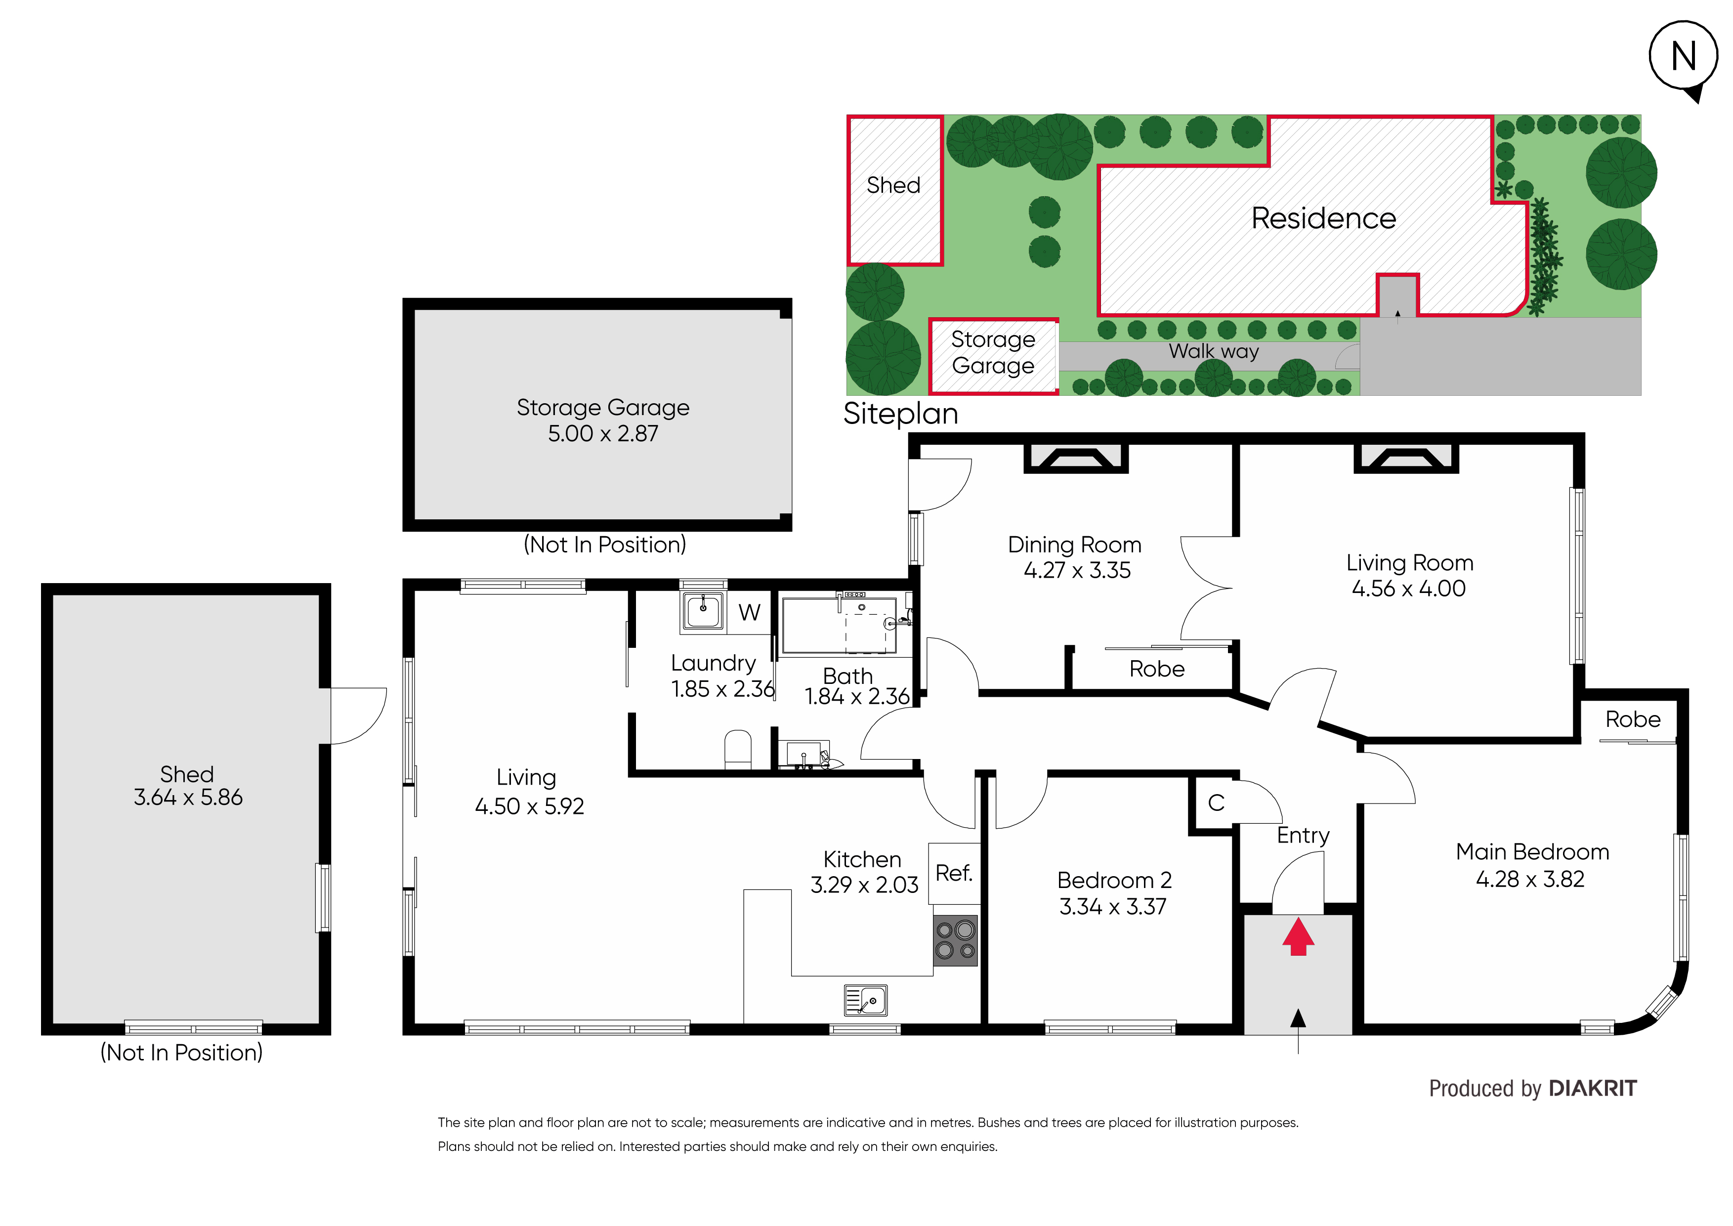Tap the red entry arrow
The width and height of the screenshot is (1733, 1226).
coord(1298,936)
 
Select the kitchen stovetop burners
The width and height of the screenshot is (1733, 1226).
coord(956,941)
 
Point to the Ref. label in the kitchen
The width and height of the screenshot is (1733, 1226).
coord(954,874)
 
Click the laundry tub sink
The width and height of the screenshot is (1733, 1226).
coord(703,610)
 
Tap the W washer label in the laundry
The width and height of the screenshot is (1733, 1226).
coord(750,612)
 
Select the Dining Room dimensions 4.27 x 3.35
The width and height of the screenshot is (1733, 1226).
coord(1077,571)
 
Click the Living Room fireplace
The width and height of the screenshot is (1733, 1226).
coord(1406,458)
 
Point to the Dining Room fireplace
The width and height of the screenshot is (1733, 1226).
coord(1076,458)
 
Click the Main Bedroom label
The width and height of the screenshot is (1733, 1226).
coord(1532,852)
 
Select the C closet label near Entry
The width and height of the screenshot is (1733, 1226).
coord(1216,803)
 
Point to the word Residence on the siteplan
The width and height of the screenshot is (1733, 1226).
coord(1324,218)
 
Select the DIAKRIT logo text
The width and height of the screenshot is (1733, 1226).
coord(1593,1089)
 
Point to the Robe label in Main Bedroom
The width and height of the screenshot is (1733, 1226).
coord(1633,719)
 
